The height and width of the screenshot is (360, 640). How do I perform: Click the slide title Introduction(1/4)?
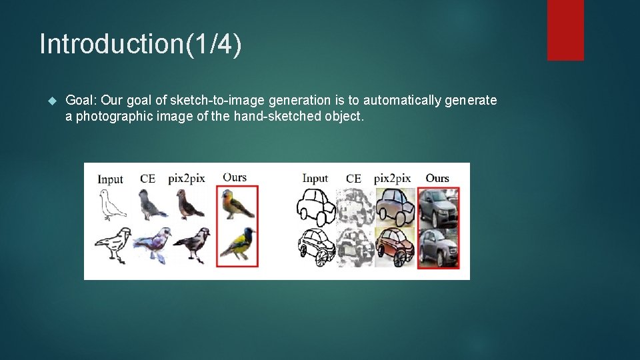[141, 45]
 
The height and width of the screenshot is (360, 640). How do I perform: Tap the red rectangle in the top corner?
[565, 29]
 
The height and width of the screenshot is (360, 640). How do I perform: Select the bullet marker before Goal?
[53, 101]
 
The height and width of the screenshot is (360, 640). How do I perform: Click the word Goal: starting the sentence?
[81, 101]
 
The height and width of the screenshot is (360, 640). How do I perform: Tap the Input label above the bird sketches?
[110, 179]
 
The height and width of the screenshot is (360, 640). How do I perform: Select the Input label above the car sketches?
[315, 178]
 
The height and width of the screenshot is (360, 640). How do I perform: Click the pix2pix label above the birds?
[186, 178]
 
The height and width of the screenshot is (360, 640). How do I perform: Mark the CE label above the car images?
[353, 179]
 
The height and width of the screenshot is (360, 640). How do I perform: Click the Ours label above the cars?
[437, 178]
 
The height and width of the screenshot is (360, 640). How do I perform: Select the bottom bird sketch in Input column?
[111, 245]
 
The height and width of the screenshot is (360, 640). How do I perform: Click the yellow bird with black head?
[237, 244]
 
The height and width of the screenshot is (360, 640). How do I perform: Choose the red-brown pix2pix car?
[394, 246]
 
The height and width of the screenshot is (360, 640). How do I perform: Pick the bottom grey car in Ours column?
[438, 247]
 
